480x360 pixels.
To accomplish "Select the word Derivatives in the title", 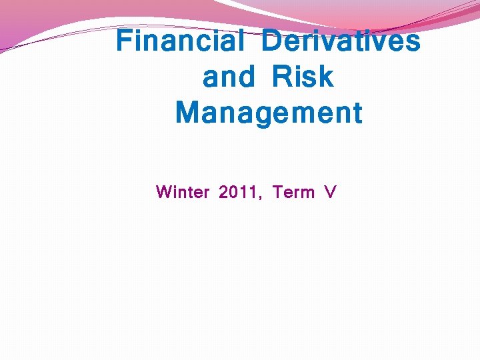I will (341, 41).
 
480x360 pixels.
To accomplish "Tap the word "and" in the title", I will (229, 77).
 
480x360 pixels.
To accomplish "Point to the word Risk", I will (303, 77).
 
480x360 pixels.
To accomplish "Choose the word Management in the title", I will (269, 113).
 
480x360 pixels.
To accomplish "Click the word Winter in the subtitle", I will (182, 193).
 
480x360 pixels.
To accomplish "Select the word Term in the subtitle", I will (293, 193).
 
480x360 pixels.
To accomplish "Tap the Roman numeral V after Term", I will (330, 193).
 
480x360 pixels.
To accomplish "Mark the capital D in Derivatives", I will (271, 41).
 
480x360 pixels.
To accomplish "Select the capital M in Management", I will (187, 113).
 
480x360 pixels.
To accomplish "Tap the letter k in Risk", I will (325, 77).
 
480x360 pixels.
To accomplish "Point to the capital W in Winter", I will (164, 193).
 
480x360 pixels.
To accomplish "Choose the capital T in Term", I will (279, 193).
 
